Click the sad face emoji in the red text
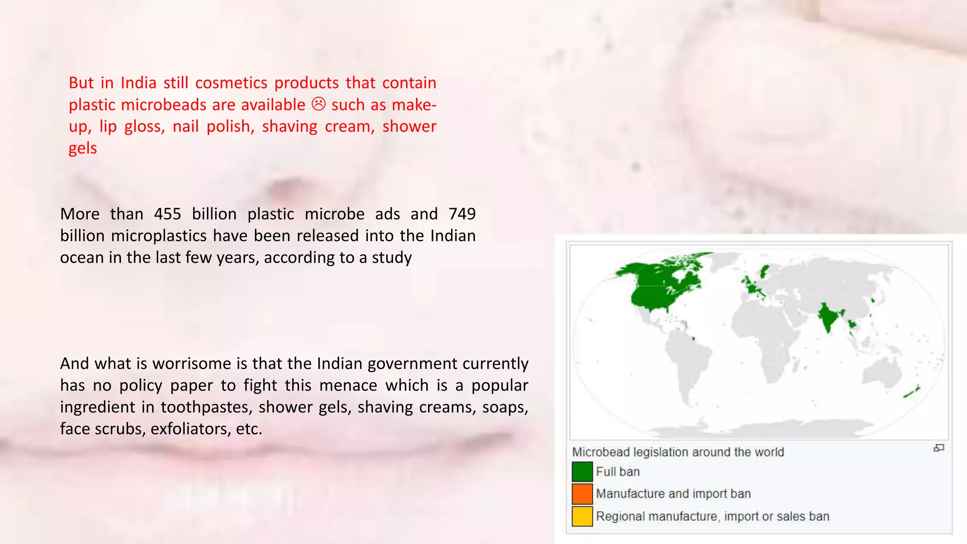[319, 104]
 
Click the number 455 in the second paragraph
[167, 214]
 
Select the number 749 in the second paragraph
[462, 214]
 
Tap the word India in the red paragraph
[138, 83]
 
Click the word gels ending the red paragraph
[83, 148]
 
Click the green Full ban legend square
[582, 472]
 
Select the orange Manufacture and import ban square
[582, 493]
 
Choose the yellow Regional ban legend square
[582, 516]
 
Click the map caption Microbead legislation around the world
[678, 452]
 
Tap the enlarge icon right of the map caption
[939, 448]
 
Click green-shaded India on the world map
[828, 316]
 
